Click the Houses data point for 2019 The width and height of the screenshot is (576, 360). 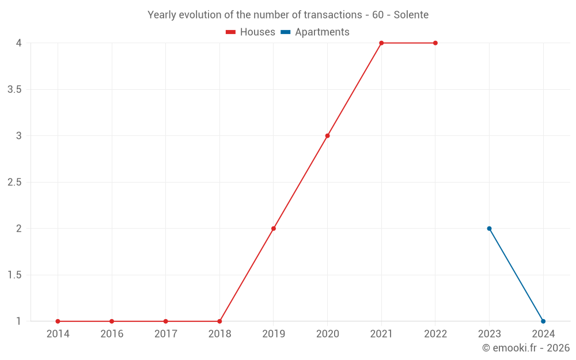click(274, 229)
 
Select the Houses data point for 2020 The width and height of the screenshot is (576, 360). click(327, 136)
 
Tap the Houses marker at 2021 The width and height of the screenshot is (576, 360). click(381, 43)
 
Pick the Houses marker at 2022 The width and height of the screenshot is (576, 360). click(435, 43)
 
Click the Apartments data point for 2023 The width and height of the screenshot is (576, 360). click(489, 229)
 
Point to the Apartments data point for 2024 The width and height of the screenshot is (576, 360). click(543, 321)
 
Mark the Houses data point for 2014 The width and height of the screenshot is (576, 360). click(58, 321)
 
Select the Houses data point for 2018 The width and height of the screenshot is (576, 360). click(219, 321)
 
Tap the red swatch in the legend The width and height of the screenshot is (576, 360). click(230, 32)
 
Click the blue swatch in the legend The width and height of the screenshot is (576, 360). click(285, 32)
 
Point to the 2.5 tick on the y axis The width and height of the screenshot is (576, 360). click(14, 183)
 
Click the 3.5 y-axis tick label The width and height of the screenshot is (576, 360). click(14, 90)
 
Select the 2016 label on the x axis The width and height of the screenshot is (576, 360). click(112, 334)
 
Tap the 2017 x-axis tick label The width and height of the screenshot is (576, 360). click(165, 334)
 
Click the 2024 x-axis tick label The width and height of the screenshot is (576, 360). click(543, 334)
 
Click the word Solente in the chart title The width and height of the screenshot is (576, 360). click(411, 15)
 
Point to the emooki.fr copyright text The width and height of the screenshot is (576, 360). click(525, 348)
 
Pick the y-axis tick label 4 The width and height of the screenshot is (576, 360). click(18, 43)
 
